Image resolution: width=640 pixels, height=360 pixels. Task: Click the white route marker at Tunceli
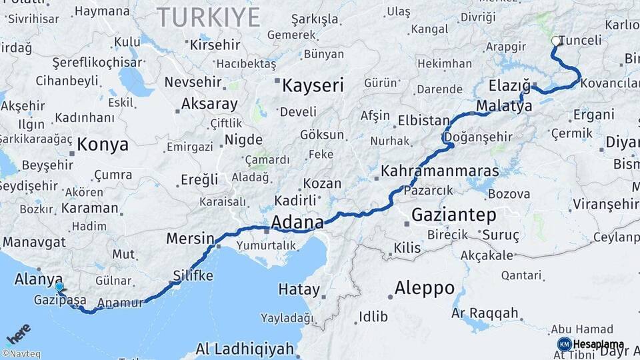pos(556,41)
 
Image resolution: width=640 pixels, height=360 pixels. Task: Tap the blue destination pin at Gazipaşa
pos(59,287)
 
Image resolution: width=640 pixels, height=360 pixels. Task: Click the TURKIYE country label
pos(209,17)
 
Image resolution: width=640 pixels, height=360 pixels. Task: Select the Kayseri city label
pos(313,85)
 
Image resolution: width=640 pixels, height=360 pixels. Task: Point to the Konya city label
pos(103,144)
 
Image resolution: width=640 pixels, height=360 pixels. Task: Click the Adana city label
pos(297,222)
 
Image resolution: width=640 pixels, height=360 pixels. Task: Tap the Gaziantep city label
pos(453,215)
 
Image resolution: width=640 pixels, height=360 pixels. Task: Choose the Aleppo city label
pos(425,288)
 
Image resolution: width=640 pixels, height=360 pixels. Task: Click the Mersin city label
pos(189,238)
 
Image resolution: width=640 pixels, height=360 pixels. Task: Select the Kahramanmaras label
pos(439,171)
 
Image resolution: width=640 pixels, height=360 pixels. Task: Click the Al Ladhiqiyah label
pos(245,349)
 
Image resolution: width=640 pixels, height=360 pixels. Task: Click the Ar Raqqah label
pos(485,313)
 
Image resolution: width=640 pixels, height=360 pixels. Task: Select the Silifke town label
pos(193,275)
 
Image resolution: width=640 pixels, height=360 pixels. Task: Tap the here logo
pos(19,333)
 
